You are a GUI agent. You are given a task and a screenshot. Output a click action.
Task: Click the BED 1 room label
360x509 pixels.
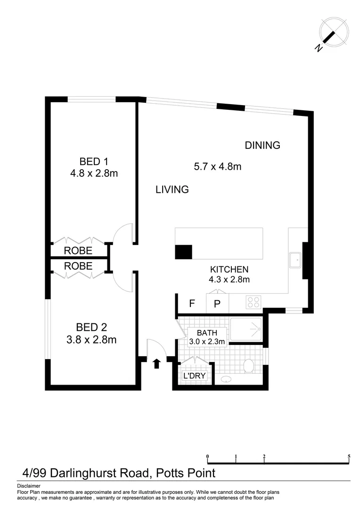[93, 161]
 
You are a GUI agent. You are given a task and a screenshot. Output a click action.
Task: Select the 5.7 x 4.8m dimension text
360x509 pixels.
[218, 166]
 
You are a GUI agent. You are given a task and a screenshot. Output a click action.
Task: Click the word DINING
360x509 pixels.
[262, 145]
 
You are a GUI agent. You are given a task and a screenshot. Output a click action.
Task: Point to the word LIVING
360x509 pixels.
[172, 189]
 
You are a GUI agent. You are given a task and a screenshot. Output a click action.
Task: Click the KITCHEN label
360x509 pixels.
[229, 270]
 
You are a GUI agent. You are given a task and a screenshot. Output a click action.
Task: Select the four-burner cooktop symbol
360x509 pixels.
[254, 302]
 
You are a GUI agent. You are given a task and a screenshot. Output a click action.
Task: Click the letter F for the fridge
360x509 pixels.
[192, 304]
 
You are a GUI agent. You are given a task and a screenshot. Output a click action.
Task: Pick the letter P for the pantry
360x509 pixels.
[217, 304]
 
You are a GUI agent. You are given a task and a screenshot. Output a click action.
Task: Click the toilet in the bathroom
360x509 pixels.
[248, 365]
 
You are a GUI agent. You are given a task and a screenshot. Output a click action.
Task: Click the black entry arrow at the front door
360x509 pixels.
[157, 363]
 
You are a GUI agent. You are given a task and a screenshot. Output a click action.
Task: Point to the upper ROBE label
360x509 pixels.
[78, 250]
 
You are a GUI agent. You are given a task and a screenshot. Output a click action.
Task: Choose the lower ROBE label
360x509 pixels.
[78, 266]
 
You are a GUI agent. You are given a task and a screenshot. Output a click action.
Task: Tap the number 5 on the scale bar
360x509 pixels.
[349, 456]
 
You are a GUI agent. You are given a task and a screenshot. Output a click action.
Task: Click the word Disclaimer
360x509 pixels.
[29, 486]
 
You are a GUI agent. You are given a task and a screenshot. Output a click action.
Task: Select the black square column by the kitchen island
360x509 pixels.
[183, 252]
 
